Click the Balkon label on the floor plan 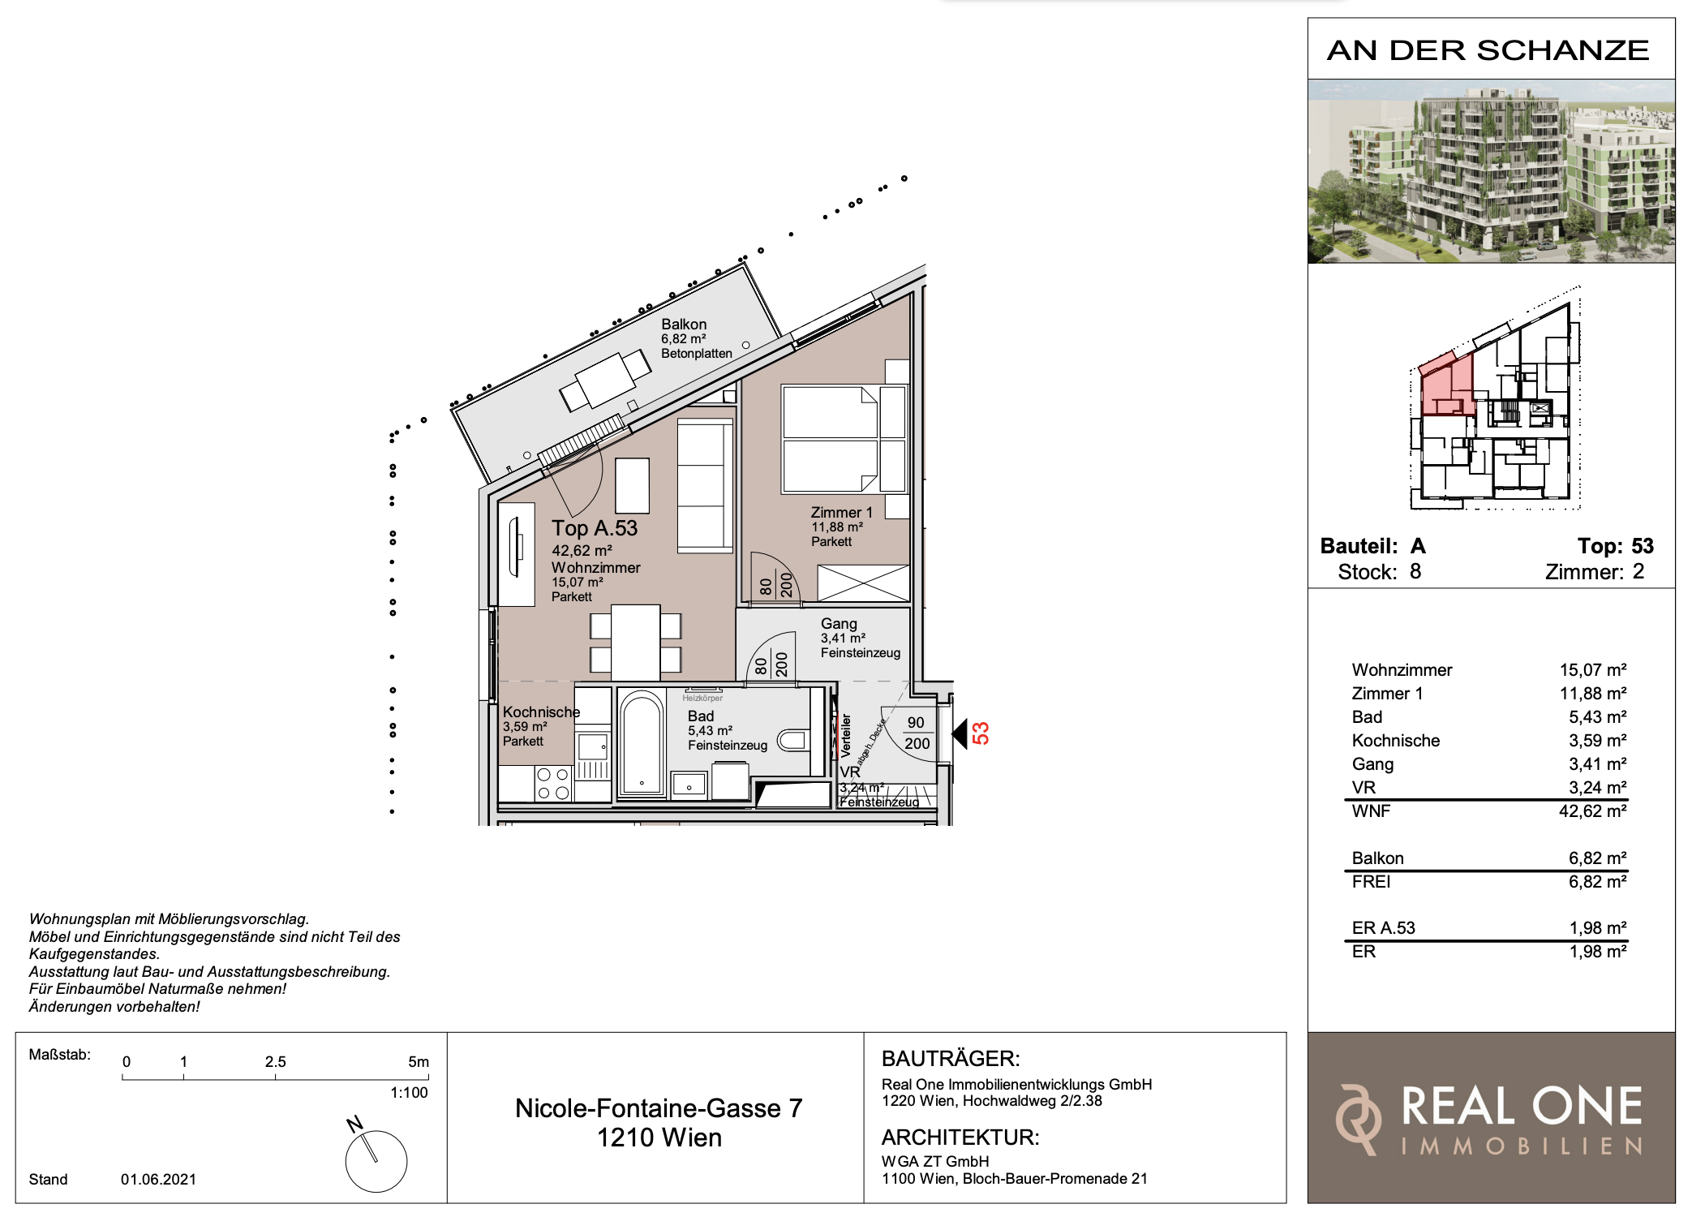684,325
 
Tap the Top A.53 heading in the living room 595,528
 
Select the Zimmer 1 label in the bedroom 841,513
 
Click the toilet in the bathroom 792,740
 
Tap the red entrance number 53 981,733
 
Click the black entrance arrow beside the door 960,734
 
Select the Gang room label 839,624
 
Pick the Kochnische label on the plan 541,712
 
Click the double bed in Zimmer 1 844,440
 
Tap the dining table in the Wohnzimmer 635,643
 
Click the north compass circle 376,1161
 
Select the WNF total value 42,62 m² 1592,811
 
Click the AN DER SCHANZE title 1488,50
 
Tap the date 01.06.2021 158,1180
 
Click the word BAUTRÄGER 951,1059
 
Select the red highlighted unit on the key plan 1447,385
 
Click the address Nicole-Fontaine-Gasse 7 659,1108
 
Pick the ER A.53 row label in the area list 1383,928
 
